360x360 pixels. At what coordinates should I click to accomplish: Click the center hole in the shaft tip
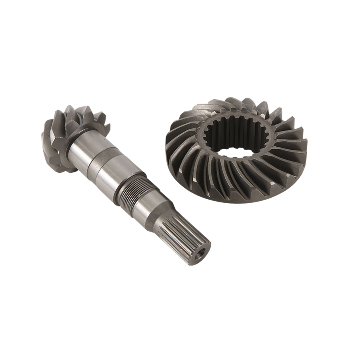200,254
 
